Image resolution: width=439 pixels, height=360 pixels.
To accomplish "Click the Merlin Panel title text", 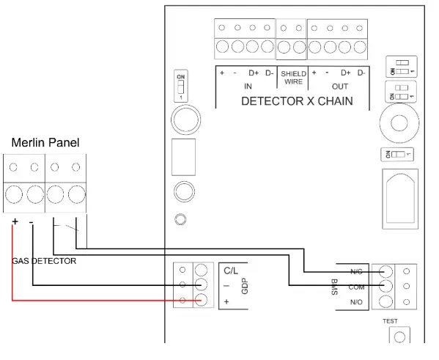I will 44,142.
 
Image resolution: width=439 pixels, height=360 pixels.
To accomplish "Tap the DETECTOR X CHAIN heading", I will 297,101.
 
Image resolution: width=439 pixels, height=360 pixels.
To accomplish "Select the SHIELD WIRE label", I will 293,78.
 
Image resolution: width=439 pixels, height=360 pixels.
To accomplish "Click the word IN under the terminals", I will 248,86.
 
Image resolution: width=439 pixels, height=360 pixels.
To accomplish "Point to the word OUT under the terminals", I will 340,86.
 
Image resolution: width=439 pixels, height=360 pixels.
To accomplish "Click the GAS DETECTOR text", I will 44,260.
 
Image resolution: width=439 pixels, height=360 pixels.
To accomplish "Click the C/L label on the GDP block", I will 232,271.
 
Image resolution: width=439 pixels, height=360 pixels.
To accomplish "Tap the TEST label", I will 390,322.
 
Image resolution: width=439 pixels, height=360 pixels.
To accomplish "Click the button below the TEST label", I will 399,337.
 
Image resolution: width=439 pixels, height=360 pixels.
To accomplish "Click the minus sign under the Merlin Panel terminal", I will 31,221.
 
